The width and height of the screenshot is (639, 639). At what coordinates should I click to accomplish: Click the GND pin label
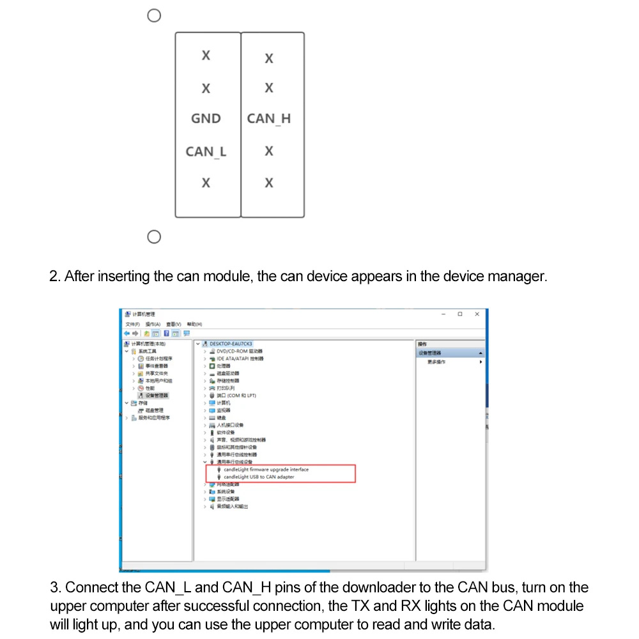point(206,119)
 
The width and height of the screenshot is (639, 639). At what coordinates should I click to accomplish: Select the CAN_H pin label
point(268,119)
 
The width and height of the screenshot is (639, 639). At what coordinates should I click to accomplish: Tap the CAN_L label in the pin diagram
point(206,152)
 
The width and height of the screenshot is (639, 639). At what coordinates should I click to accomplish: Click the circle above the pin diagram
point(154,16)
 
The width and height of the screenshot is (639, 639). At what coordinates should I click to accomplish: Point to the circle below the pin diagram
point(153,238)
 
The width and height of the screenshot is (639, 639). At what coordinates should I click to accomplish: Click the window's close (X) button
point(477,314)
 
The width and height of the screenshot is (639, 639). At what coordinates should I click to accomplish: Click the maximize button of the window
point(460,314)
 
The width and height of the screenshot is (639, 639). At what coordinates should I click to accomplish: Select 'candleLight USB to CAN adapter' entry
point(259,477)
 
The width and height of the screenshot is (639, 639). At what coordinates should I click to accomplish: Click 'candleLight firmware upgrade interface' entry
point(266,470)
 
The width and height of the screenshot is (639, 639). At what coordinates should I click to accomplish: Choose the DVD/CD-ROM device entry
point(240,351)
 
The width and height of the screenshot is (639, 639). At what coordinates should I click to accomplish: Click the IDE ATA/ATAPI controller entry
point(240,358)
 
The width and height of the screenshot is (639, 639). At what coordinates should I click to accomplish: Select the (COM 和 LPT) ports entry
point(236,396)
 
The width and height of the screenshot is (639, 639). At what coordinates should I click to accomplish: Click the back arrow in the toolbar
point(127,333)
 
